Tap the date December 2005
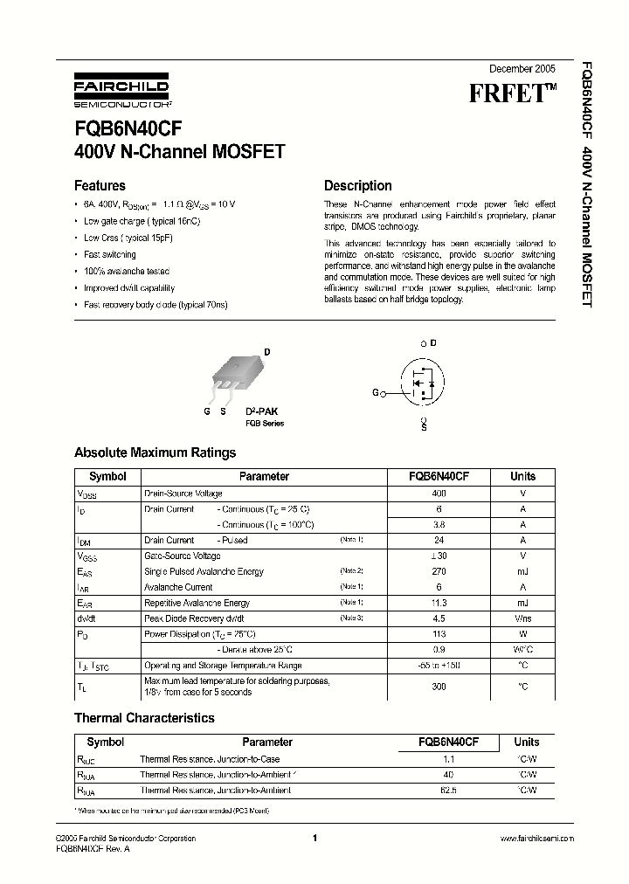[x=521, y=67]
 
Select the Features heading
[x=100, y=185]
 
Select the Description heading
[x=357, y=185]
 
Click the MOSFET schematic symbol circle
[x=424, y=383]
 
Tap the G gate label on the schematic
[x=375, y=393]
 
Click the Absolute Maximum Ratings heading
[x=155, y=452]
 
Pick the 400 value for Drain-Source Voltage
[x=439, y=494]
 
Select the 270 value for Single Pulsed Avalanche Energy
[x=439, y=571]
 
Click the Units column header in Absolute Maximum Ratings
[x=522, y=477]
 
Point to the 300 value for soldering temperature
[x=439, y=687]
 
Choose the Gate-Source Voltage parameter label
[x=182, y=556]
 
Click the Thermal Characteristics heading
[x=144, y=718]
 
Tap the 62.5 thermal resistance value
[x=448, y=791]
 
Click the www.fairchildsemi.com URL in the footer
[x=536, y=839]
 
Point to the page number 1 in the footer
[x=314, y=839]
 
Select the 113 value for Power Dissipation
[x=439, y=634]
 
